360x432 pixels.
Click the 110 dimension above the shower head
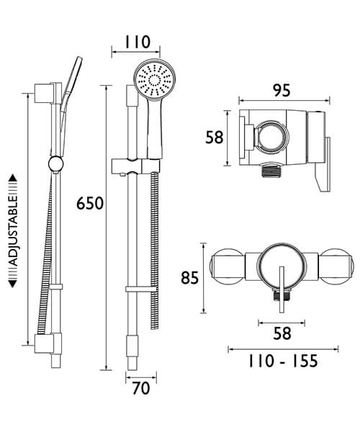coord(135,42)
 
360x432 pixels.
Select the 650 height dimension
coord(90,203)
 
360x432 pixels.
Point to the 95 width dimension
coord(282,91)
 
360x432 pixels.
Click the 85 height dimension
coord(189,275)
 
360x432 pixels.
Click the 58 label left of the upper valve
coord(215,137)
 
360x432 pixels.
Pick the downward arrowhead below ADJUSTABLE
coord(13,284)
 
